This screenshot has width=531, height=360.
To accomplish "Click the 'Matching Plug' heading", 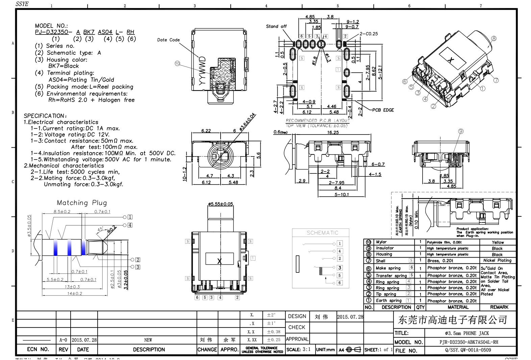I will point(82,203).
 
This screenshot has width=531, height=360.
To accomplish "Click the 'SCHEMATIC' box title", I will point(322,233).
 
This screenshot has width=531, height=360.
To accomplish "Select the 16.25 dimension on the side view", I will point(333,133).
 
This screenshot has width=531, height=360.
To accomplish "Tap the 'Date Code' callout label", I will point(168,40).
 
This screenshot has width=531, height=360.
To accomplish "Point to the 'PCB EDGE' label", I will point(383,110).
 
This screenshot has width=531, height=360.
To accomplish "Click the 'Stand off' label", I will point(276,26).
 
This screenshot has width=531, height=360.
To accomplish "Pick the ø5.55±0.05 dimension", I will point(220,204).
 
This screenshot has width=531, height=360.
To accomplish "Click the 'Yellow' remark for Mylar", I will point(498,242).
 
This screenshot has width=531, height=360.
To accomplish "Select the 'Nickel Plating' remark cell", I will point(497,261).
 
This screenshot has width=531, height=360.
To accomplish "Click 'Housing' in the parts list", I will point(384,254).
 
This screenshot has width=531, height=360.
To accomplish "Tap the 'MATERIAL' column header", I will point(458,307).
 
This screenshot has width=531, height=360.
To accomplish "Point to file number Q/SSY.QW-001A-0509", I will point(468,350).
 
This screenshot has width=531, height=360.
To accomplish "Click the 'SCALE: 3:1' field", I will point(299,350).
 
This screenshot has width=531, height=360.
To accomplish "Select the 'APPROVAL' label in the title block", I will point(297,339).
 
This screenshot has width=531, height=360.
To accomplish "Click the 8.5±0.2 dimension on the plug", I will point(62,212).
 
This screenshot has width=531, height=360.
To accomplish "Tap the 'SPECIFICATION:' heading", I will point(45,116).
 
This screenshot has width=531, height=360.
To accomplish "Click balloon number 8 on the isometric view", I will point(494,39).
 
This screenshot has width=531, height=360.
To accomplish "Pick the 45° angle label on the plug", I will point(100,230).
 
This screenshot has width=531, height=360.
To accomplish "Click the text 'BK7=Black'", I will point(64,66).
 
